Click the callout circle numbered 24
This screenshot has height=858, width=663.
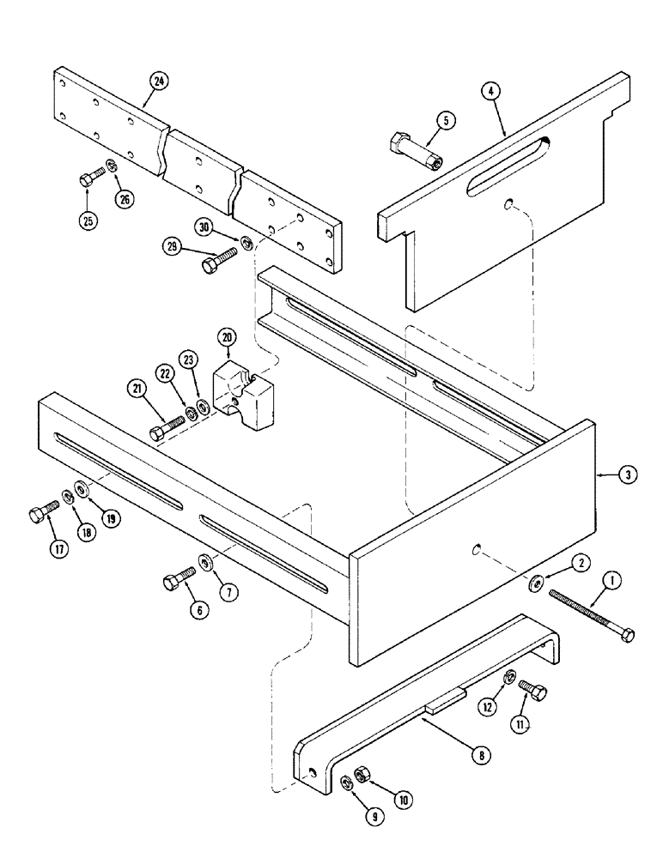point(157,81)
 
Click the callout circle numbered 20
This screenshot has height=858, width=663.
point(226,338)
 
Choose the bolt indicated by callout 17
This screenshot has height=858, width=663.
point(39,515)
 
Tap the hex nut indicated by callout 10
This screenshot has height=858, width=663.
point(362,776)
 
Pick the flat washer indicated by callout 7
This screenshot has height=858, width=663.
point(207,563)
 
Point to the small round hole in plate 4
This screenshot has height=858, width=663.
point(509,204)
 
